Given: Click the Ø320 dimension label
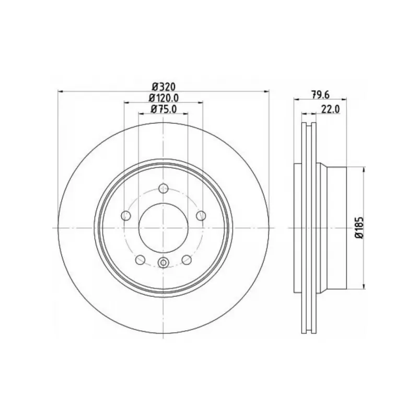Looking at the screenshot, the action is [x=164, y=87].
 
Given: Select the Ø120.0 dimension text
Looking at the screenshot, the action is [x=164, y=98].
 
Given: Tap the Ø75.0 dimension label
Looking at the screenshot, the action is [x=164, y=109].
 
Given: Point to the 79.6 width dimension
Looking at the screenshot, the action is [x=320, y=95].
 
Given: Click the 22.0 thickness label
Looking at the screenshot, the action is [x=330, y=109].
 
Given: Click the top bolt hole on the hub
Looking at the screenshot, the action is [x=164, y=189].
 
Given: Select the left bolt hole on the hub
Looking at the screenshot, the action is [x=126, y=215].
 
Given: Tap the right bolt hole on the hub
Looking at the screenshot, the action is [x=201, y=215].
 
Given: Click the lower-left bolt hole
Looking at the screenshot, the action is [x=140, y=260].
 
